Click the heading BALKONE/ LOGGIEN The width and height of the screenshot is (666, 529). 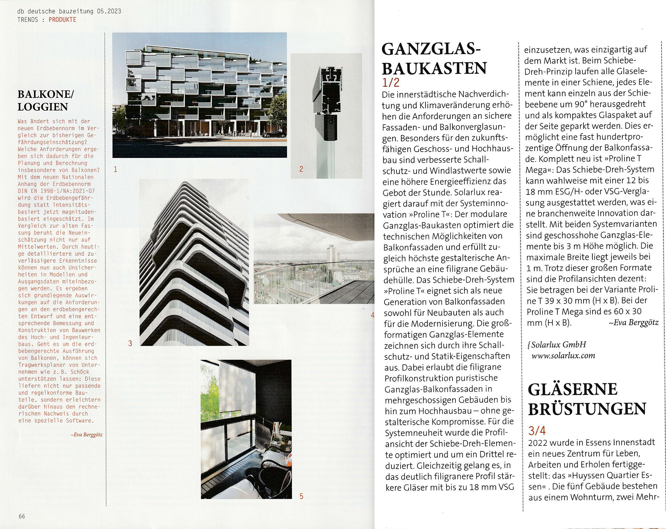point(46,100)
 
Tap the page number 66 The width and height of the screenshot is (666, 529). point(22,516)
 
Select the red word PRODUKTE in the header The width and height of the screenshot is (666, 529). point(62,20)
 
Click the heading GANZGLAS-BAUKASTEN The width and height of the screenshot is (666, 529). point(434,59)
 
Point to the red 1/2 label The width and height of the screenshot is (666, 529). point(390,83)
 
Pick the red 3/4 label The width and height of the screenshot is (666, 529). point(537,431)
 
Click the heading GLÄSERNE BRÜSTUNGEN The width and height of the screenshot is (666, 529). point(586,399)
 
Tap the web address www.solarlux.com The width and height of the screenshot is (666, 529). point(563,356)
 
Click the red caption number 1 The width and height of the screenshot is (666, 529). point(116,169)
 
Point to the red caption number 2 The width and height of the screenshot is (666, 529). point(301,169)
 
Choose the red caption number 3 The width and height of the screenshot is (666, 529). point(130,343)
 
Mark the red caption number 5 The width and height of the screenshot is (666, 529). point(302,496)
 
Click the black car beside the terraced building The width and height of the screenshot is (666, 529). point(274,134)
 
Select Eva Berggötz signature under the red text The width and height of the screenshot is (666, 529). point(86,435)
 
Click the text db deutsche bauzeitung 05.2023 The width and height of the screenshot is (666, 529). point(69,11)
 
